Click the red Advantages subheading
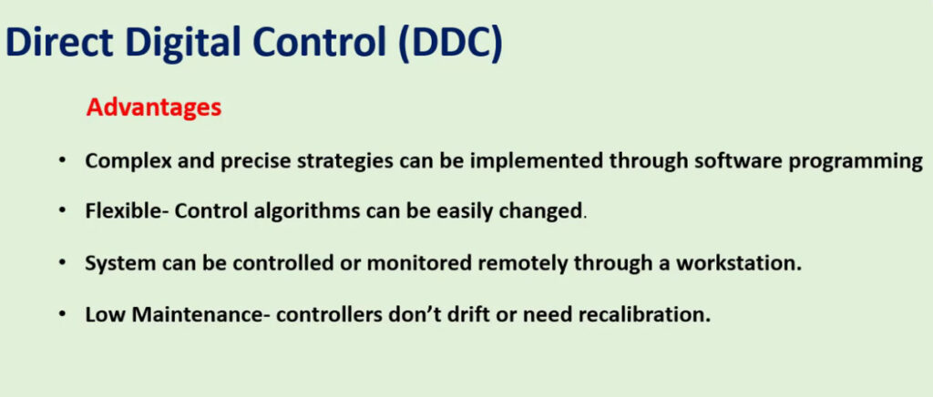click(153, 109)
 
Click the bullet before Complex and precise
click(63, 162)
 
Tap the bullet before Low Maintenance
click(63, 314)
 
